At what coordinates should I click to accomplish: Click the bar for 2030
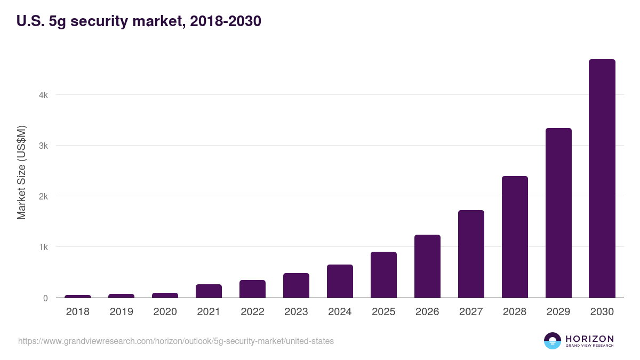click(x=602, y=179)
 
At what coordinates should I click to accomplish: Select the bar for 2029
click(x=558, y=213)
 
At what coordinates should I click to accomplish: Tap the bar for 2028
click(x=515, y=237)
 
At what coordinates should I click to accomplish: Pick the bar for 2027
click(x=471, y=254)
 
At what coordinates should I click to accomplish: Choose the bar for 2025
click(x=383, y=275)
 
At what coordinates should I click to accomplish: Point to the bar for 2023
click(x=296, y=286)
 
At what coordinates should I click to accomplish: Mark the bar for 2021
click(x=209, y=291)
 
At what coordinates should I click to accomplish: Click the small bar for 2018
click(x=78, y=296)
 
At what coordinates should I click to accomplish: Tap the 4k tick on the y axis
click(x=43, y=95)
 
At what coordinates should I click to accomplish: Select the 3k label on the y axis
click(x=43, y=146)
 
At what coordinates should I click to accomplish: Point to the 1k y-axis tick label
click(x=43, y=247)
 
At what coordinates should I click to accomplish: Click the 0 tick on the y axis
click(x=45, y=298)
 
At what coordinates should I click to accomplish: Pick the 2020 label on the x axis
click(x=165, y=312)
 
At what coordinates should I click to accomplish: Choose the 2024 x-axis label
click(x=340, y=312)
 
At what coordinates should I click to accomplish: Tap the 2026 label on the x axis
click(x=427, y=312)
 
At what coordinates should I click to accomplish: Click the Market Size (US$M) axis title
click(x=21, y=172)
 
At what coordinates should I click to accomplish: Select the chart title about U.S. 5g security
click(x=139, y=21)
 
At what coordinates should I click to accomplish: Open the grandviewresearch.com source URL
click(x=176, y=341)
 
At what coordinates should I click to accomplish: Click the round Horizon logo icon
click(x=553, y=341)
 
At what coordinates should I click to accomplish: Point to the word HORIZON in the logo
click(x=589, y=339)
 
